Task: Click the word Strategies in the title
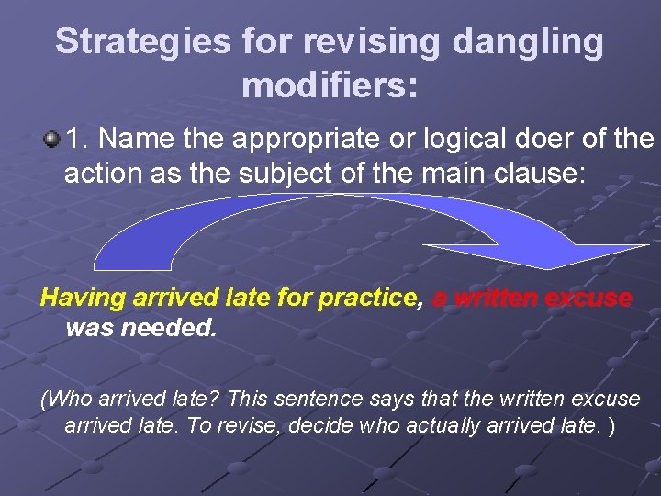[141, 42]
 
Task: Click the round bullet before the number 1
[51, 140]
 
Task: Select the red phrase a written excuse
[532, 298]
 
